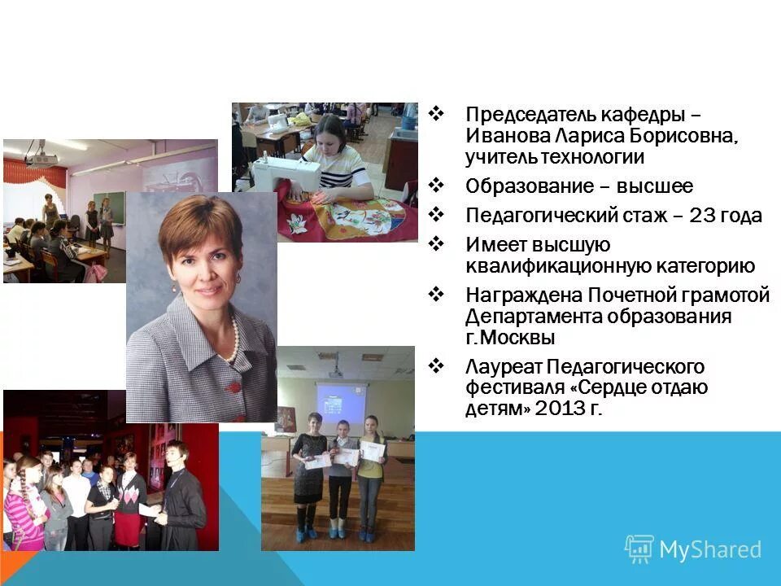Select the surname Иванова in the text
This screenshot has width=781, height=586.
[x=503, y=135]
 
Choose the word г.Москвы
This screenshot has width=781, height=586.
[x=511, y=338]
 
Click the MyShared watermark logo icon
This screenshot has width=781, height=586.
[x=639, y=549]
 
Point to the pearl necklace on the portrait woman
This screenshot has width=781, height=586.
[x=233, y=338]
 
